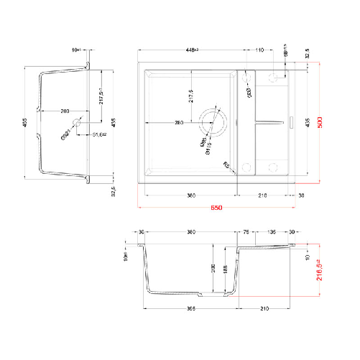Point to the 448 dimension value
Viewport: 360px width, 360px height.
(x=190, y=50)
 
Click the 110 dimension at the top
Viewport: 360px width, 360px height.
(x=258, y=50)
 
